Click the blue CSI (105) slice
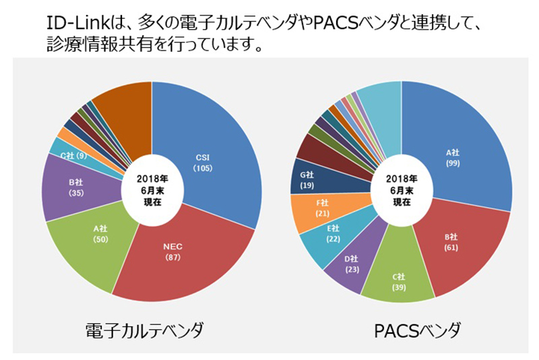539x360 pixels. (x=205, y=158)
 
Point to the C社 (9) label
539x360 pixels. (x=72, y=156)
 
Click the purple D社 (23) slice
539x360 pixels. (x=348, y=263)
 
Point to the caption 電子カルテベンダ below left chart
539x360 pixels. (x=144, y=331)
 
